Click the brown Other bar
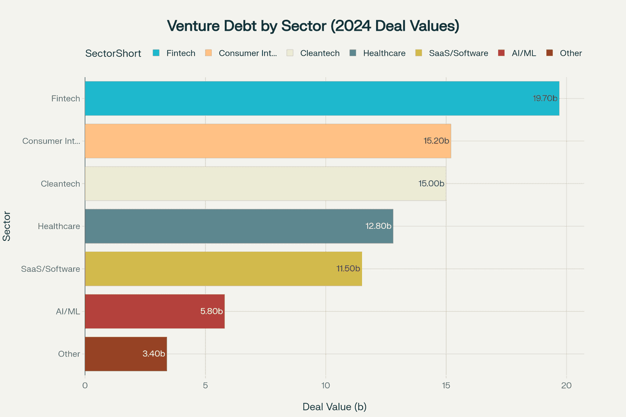[126, 354]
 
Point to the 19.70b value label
[545, 98]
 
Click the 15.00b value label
[431, 183]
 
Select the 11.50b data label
[348, 269]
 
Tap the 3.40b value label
[153, 354]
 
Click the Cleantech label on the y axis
[61, 183]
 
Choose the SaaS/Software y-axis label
[51, 269]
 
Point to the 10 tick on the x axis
[326, 386]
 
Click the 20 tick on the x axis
[567, 386]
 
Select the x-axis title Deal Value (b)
[334, 407]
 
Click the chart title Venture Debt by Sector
[313, 26]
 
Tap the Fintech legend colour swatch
[156, 53]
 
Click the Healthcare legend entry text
[384, 53]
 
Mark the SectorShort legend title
[113, 53]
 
